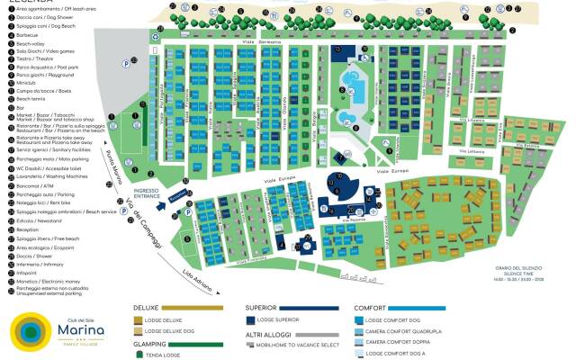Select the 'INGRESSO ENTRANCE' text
(x=145, y=193)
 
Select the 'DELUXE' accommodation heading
(x=146, y=307)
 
